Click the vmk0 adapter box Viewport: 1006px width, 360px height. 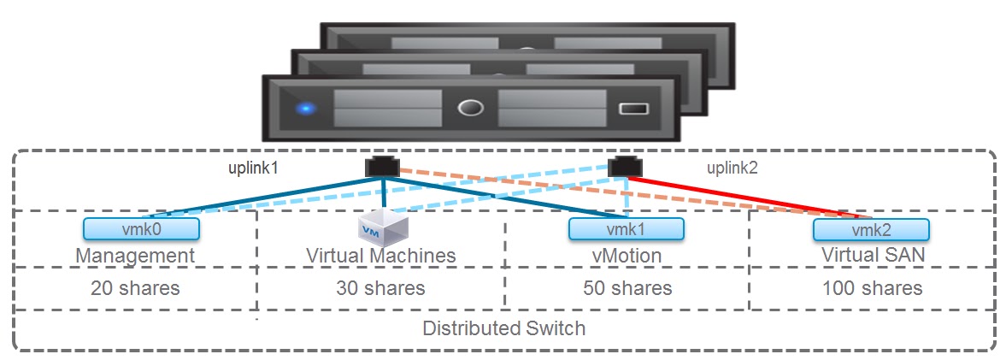tap(141, 228)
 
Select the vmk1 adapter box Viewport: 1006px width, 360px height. tap(626, 229)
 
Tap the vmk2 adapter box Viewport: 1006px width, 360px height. tap(870, 229)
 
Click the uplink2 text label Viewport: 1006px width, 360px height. tap(731, 168)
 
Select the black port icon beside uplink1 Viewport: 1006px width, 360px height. tap(379, 166)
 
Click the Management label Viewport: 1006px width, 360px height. tap(135, 256)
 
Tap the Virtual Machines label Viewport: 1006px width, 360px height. tap(381, 256)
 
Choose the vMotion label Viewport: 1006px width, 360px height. tap(627, 256)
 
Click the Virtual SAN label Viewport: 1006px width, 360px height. tap(872, 256)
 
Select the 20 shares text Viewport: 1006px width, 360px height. tap(135, 288)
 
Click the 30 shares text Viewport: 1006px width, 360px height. tap(380, 288)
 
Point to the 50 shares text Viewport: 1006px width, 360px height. tap(627, 288)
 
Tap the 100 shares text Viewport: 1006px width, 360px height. tap(873, 288)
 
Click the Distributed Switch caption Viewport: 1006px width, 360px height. tap(504, 328)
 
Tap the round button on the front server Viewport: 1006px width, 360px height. tap(470, 109)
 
